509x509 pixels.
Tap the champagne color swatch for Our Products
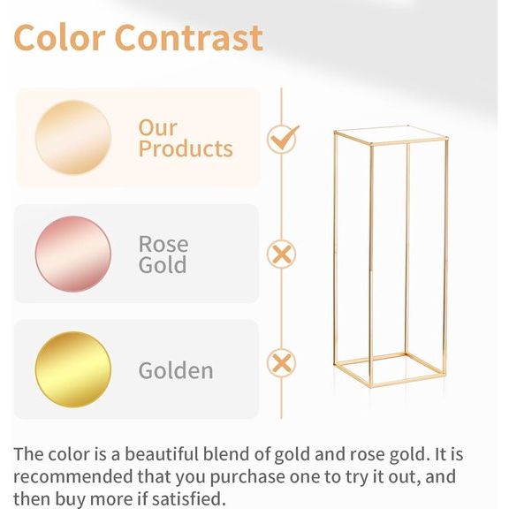(x=73, y=137)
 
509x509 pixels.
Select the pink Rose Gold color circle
(x=73, y=254)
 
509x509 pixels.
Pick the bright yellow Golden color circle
(x=73, y=369)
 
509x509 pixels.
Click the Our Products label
(x=185, y=138)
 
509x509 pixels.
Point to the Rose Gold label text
(x=163, y=254)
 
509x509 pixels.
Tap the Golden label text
(x=176, y=369)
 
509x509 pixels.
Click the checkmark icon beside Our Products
(x=282, y=138)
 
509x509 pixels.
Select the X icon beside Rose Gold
(x=281, y=254)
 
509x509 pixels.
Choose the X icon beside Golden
(x=281, y=362)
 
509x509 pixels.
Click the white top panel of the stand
(x=389, y=135)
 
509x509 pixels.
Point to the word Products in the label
(x=185, y=148)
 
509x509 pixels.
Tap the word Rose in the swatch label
(x=163, y=243)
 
